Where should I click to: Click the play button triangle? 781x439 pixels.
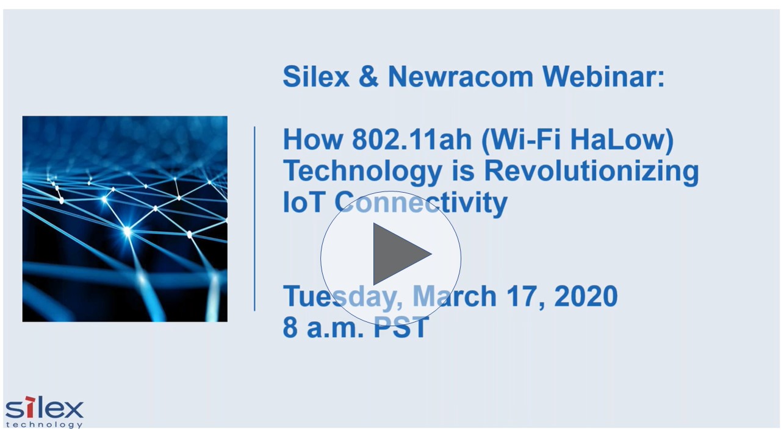click(400, 254)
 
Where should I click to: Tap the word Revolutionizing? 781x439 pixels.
click(591, 171)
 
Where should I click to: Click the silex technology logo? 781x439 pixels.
click(44, 413)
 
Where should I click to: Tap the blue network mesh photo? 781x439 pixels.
click(124, 218)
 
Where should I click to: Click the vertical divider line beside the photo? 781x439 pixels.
click(254, 218)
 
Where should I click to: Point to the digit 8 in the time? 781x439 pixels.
click(290, 328)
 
